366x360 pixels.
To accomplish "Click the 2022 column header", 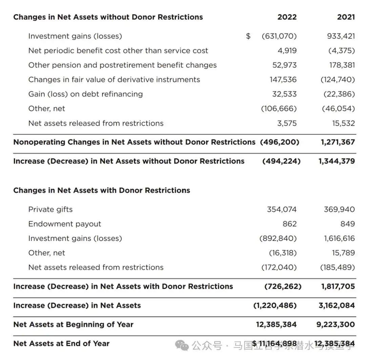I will [287, 17].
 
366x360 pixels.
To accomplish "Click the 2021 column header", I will [346, 17].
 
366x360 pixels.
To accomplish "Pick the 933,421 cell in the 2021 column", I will [341, 36].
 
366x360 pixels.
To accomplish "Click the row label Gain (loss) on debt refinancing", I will [85, 94].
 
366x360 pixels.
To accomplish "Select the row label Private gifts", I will [50, 209].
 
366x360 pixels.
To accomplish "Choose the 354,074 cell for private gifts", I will [282, 209].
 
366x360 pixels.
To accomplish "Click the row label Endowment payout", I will [64, 224].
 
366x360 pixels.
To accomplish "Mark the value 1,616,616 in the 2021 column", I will [339, 238].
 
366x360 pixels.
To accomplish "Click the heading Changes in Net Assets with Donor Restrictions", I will [101, 190].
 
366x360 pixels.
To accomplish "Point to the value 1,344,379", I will [337, 161].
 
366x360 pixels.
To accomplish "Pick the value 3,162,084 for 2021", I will [337, 305].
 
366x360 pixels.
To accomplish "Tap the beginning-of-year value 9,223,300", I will [335, 324].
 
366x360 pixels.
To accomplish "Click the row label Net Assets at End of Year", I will [61, 343].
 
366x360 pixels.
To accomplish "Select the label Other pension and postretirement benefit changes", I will [122, 65].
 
